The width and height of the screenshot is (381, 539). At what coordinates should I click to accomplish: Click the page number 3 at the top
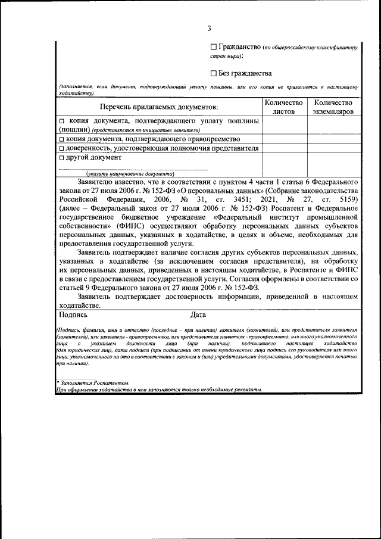pos(209,28)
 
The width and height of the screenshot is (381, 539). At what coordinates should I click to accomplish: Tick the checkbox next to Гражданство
pos(214,47)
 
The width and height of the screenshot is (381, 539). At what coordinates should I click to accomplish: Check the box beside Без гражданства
pos(214,73)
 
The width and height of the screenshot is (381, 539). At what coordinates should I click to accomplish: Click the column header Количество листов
pos(283,107)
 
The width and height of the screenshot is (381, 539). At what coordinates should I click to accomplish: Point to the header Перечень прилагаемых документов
pos(159,107)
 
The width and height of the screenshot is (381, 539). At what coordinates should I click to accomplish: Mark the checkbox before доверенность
pos(62,148)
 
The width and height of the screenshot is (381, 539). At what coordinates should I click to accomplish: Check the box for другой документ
pos(62,158)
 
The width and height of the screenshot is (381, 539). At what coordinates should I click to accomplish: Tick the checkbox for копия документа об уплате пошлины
pos(62,121)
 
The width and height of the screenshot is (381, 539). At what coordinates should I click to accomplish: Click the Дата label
pos(199,314)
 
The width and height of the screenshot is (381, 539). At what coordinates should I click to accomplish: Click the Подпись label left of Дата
pos(73,314)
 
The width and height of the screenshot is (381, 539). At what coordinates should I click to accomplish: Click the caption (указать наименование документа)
pos(126,173)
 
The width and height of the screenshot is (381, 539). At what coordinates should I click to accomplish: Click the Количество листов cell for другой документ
pos(283,164)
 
